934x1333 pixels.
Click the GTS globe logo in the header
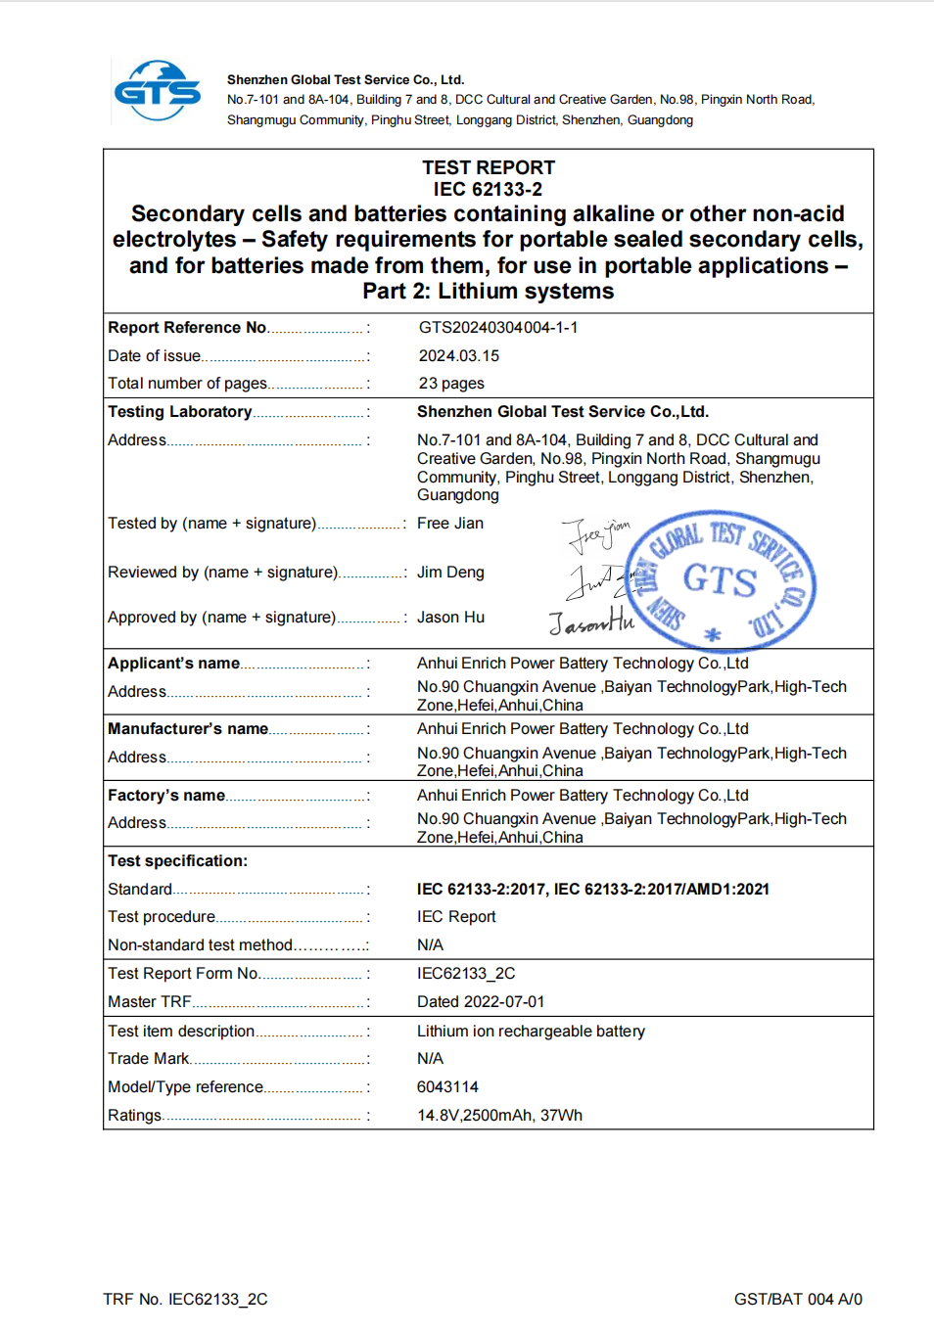[x=157, y=91]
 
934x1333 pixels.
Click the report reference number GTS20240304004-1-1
[x=497, y=328]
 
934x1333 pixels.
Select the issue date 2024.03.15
[x=458, y=356]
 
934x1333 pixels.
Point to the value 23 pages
[x=450, y=384]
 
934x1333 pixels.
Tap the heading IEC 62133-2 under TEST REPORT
[x=488, y=190]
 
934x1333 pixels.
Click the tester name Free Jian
[x=449, y=524]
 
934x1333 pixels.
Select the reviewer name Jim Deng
[x=450, y=573]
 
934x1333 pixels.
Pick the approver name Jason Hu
[x=450, y=618]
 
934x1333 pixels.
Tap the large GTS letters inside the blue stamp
[x=720, y=580]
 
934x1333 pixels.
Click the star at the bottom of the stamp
[x=713, y=635]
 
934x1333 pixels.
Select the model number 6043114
[x=447, y=1087]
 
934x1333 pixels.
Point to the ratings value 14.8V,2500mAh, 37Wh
[x=499, y=1116]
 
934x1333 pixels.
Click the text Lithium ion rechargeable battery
[x=531, y=1032]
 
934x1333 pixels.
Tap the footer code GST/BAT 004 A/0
[x=798, y=1300]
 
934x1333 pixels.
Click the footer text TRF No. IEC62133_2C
[x=185, y=1300]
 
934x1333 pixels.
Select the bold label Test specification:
[x=177, y=861]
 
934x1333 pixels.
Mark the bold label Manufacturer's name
[x=188, y=729]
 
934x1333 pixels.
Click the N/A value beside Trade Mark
[x=430, y=1059]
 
